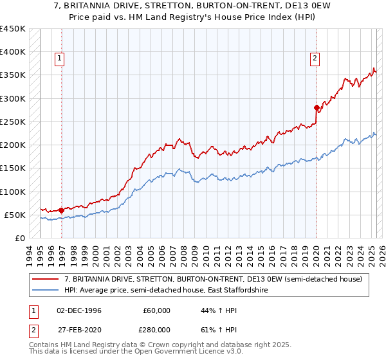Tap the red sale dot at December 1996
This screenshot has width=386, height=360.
pos(61,210)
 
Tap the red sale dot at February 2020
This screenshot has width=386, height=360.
pos(317,107)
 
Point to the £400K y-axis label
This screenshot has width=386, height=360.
pos(13,52)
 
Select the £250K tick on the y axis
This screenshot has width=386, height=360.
pos(13,122)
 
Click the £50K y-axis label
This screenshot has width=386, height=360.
pos(16,215)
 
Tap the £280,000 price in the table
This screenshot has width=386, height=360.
pos(156,329)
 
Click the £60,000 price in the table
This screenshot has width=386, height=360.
pos(156,310)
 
